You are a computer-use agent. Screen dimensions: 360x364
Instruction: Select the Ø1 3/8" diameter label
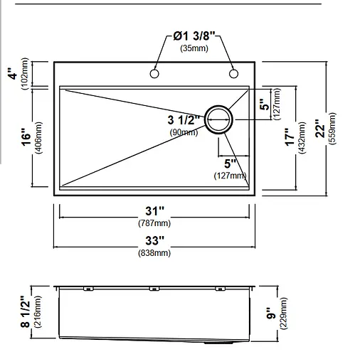(194, 36)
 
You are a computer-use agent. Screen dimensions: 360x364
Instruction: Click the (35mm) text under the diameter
(194, 48)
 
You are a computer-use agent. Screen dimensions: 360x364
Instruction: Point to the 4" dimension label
(14, 74)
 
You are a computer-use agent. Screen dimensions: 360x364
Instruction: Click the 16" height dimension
(26, 137)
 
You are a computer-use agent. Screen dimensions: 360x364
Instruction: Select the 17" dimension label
(290, 137)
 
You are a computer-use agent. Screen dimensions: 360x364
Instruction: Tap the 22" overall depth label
(320, 128)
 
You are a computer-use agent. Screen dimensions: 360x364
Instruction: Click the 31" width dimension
(154, 211)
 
